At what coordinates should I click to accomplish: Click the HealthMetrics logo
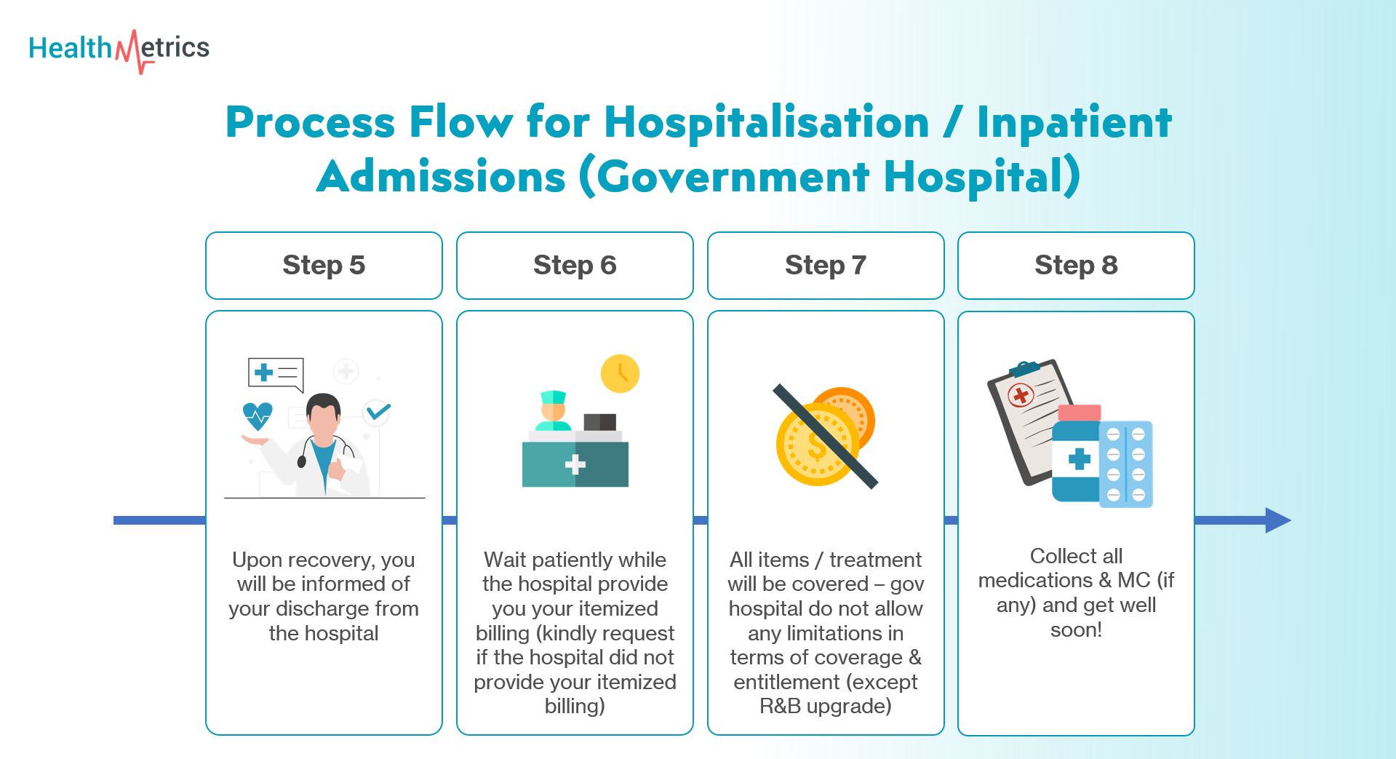click(119, 49)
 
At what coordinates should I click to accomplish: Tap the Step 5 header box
click(324, 266)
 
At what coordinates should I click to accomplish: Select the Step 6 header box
click(575, 266)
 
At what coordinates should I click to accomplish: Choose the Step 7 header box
click(826, 266)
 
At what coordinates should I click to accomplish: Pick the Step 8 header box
click(1076, 266)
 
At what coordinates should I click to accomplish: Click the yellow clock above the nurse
click(620, 373)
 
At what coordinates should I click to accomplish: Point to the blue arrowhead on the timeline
click(1278, 520)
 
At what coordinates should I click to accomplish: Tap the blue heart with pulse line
click(258, 416)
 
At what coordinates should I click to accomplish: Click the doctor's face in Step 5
click(323, 419)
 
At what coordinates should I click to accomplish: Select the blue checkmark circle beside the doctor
click(378, 413)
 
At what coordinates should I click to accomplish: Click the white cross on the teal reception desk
click(575, 464)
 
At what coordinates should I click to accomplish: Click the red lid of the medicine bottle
click(1080, 413)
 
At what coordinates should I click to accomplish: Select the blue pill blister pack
click(1126, 464)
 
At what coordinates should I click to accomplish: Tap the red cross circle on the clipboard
click(1020, 395)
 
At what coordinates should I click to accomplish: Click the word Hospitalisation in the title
click(767, 122)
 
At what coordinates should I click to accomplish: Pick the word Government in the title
click(733, 177)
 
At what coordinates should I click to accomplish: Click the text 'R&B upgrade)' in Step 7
click(826, 706)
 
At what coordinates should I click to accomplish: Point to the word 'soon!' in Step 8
click(1076, 629)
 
